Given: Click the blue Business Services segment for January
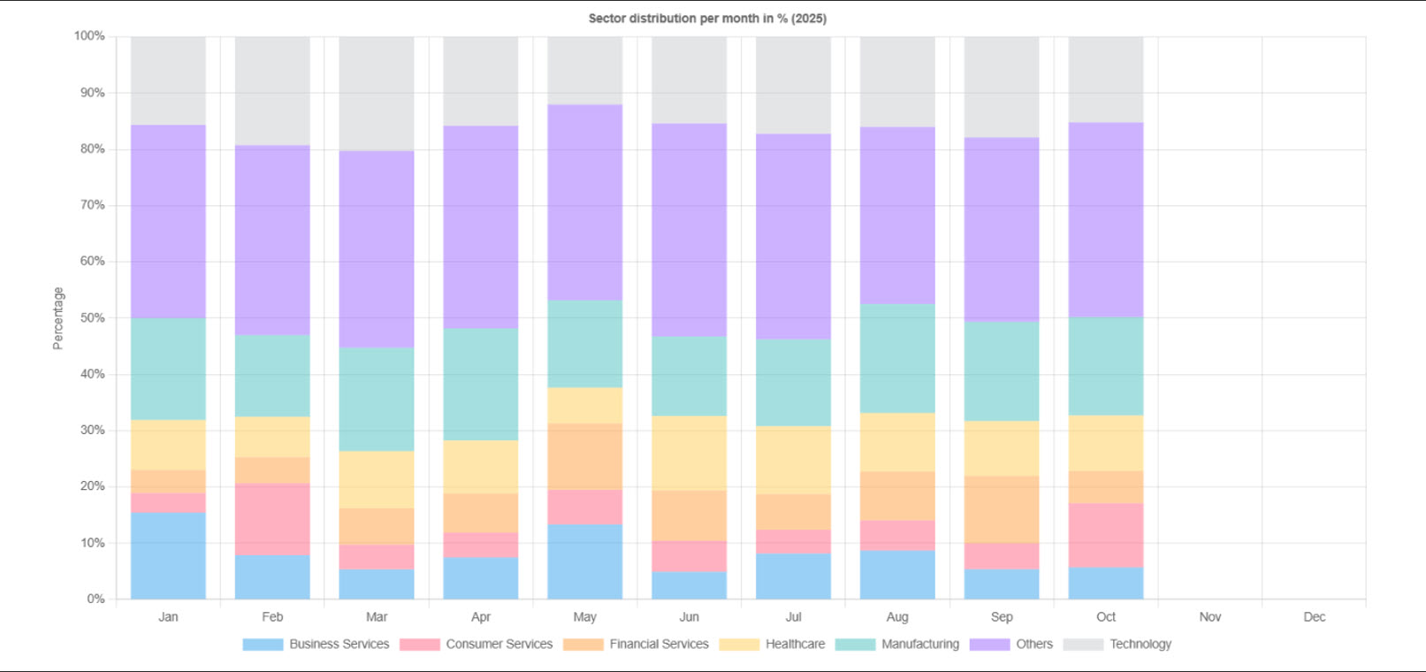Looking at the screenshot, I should (x=168, y=555).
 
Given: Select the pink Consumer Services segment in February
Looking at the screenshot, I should (x=272, y=519).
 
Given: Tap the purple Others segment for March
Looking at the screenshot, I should (x=377, y=249).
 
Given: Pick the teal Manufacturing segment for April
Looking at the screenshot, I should (x=480, y=385).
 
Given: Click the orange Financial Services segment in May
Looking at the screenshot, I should (x=584, y=456).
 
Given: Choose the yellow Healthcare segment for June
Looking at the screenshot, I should (x=689, y=453).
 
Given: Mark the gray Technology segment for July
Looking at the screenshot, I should (x=793, y=85).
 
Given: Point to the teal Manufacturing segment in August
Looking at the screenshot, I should (x=897, y=358).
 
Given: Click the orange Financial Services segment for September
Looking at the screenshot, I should (x=1002, y=509).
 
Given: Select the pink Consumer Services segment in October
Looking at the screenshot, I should (x=1105, y=535).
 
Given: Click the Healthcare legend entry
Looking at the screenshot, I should (x=794, y=644).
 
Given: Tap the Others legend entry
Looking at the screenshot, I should (x=1033, y=644).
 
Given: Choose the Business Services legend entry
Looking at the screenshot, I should (x=339, y=644).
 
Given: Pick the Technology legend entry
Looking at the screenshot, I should (x=1140, y=644).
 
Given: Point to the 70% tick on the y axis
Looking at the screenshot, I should (x=92, y=205).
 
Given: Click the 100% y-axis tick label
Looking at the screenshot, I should (x=89, y=36).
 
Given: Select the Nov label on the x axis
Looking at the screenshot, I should (x=1209, y=617).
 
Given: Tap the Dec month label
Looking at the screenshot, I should (x=1314, y=617).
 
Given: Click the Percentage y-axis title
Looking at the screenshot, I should (x=58, y=317).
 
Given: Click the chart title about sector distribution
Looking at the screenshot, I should (x=707, y=19).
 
